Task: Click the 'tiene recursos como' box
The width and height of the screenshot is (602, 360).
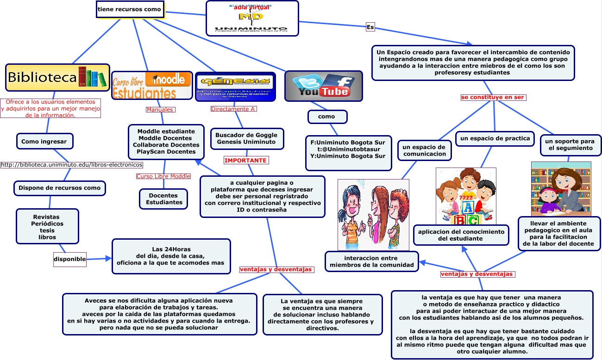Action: click(130, 9)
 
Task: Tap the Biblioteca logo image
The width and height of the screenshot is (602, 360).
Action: click(57, 77)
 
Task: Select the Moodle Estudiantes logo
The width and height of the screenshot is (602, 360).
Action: click(152, 85)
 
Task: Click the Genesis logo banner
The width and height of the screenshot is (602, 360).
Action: click(235, 87)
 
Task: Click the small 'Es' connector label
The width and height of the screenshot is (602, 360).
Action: click(370, 27)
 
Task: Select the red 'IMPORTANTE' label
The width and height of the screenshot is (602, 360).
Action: click(246, 160)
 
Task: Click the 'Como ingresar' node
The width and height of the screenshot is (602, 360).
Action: click(44, 142)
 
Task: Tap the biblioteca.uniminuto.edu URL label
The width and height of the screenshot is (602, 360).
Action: click(72, 164)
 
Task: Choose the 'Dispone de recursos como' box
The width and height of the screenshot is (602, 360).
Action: click(60, 188)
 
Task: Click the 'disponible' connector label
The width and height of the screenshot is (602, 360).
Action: click(70, 259)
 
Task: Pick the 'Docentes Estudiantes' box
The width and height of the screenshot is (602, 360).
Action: click(164, 199)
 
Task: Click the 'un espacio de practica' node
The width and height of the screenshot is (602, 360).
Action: click(494, 138)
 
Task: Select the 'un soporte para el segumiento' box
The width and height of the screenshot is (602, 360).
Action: click(570, 145)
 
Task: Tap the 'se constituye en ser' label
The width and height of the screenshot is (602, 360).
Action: click(494, 97)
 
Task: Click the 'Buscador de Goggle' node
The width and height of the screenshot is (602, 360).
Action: click(246, 138)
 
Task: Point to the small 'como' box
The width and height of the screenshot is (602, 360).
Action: click(327, 117)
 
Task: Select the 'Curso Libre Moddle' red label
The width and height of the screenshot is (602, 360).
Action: click(163, 176)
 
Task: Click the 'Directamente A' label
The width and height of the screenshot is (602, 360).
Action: click(233, 109)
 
